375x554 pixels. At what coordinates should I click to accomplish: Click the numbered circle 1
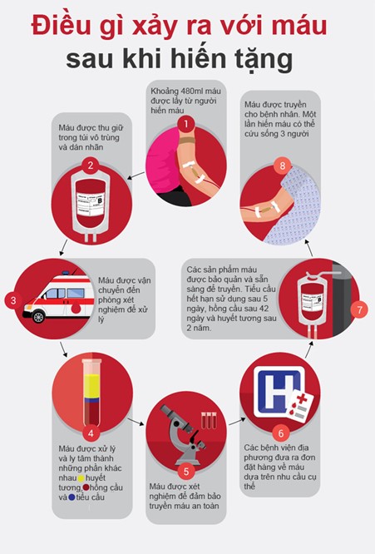pyautogui.click(x=186, y=124)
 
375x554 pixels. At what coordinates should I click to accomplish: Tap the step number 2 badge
pyautogui.click(x=91, y=165)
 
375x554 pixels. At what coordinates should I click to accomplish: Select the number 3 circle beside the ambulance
pyautogui.click(x=13, y=300)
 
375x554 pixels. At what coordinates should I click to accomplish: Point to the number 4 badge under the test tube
pyautogui.click(x=91, y=433)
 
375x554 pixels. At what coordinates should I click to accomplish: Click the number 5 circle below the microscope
pyautogui.click(x=186, y=472)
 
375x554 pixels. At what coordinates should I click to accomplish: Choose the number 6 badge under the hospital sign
pyautogui.click(x=281, y=433)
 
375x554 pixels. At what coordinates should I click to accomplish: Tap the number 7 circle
pyautogui.click(x=359, y=309)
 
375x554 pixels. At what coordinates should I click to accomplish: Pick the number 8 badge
pyautogui.click(x=282, y=166)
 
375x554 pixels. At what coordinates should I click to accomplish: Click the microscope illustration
pyautogui.click(x=180, y=434)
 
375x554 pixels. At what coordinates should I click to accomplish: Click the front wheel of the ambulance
pyautogui.click(x=38, y=317)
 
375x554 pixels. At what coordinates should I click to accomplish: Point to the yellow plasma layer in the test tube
pyautogui.click(x=92, y=386)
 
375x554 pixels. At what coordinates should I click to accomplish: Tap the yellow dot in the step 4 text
pyautogui.click(x=81, y=478)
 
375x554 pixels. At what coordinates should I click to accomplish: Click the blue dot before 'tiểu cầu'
pyautogui.click(x=72, y=497)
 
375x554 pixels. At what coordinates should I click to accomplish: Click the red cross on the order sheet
pyautogui.click(x=302, y=399)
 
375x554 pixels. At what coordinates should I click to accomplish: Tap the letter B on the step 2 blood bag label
pyautogui.click(x=100, y=200)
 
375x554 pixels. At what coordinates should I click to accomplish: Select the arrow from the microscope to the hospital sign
pyautogui.click(x=237, y=422)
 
